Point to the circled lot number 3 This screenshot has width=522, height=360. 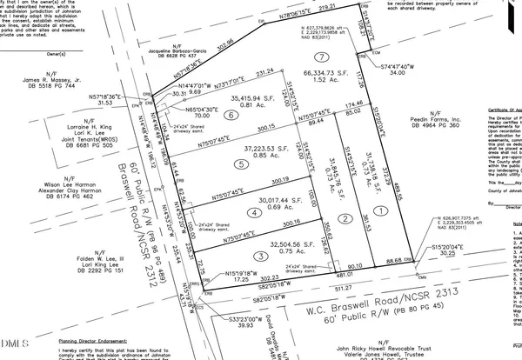pyautogui.click(x=260, y=255)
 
